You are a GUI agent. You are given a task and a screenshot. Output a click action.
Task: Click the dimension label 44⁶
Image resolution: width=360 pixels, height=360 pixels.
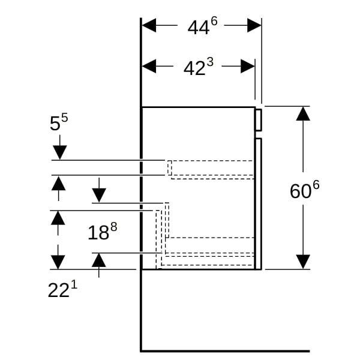(202, 26)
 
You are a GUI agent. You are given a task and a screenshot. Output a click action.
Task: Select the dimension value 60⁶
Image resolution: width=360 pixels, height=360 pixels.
(304, 190)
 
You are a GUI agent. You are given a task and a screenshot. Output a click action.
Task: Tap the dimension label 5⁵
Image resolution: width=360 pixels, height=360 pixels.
(59, 122)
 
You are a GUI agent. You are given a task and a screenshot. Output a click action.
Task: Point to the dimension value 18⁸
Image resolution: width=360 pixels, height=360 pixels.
(99, 232)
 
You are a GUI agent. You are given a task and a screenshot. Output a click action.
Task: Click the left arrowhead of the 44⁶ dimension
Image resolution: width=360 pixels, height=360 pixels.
(149, 25)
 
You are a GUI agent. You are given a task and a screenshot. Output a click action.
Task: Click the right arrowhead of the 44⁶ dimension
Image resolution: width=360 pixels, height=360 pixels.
(254, 25)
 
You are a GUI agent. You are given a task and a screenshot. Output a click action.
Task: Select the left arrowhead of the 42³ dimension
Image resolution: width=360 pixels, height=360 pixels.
(149, 66)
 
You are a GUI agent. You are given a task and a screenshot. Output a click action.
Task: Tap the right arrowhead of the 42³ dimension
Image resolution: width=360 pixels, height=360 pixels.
(247, 66)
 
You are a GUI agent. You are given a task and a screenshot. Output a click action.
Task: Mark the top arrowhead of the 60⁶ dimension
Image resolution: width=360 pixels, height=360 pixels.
(303, 113)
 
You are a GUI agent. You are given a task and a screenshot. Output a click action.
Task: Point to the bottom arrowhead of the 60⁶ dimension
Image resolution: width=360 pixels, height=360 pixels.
(303, 262)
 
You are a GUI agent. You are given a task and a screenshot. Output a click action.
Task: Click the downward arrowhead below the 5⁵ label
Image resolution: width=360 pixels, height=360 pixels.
(59, 152)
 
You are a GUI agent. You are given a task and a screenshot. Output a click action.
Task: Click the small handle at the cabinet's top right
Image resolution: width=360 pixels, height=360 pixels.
(258, 119)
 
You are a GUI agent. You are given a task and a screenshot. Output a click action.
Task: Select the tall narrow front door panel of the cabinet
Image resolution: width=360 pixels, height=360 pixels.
(258, 204)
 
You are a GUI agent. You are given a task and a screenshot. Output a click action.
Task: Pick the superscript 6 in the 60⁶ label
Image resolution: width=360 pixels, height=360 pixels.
(316, 184)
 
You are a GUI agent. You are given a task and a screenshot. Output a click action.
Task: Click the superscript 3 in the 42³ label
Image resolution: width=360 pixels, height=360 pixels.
(210, 62)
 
